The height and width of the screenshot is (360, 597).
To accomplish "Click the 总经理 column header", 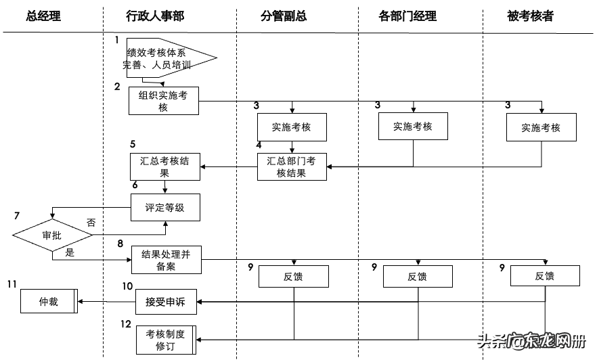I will click(43, 16).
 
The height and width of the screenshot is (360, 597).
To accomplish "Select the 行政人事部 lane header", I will click(155, 16).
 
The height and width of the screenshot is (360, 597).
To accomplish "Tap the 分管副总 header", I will click(284, 16).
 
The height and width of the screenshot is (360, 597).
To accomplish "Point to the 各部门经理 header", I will click(407, 16).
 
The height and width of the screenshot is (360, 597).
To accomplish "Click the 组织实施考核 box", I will click(164, 102).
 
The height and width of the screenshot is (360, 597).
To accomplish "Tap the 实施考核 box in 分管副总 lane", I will click(292, 127).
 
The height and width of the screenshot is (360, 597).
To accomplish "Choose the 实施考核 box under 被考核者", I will click(541, 127).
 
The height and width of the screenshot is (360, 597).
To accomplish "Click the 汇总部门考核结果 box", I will click(292, 166).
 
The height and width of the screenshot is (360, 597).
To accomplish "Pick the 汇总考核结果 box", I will click(165, 166).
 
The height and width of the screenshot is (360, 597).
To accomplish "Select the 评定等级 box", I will click(165, 208).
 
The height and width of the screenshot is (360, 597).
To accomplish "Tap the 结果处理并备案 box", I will click(167, 260).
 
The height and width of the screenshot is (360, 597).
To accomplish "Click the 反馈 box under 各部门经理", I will click(417, 276).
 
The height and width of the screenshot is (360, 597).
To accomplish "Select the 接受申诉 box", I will click(165, 302).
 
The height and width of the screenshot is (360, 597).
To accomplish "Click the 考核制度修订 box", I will click(165, 339).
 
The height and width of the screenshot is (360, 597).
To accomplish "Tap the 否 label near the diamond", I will click(91, 222).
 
